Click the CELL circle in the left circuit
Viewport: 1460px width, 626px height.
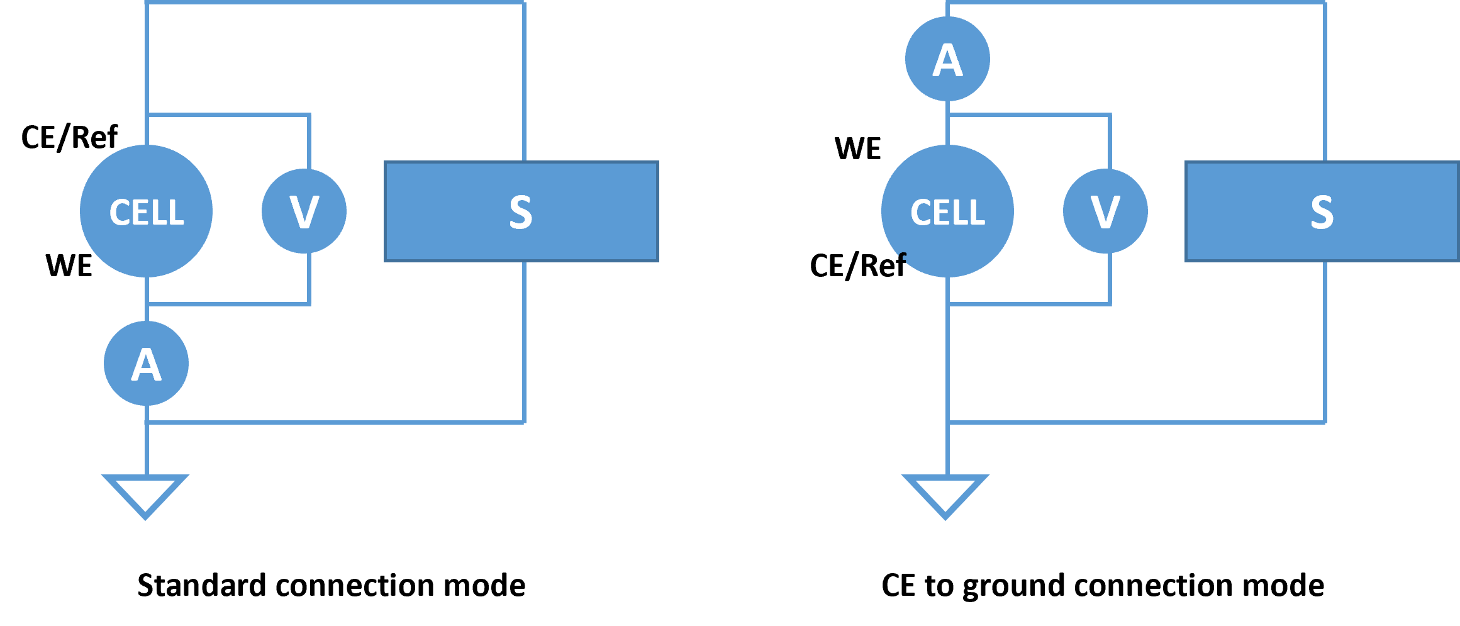[146, 211]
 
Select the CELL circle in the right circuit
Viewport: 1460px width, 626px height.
[947, 211]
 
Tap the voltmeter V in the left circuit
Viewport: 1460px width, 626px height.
[304, 211]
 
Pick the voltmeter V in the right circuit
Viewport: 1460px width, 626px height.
[1105, 211]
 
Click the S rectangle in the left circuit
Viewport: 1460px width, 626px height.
[521, 211]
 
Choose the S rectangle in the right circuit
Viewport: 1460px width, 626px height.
[1322, 211]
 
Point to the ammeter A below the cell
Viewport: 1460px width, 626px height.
[146, 363]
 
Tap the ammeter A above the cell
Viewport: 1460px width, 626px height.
[947, 59]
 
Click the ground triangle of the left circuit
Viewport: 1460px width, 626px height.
[145, 495]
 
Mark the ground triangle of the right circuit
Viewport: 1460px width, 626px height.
[945, 495]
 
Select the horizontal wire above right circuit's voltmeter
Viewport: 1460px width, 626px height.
[1029, 115]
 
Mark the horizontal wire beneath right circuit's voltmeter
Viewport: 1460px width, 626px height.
[1029, 304]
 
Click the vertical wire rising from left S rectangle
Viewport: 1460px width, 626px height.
[524, 82]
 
